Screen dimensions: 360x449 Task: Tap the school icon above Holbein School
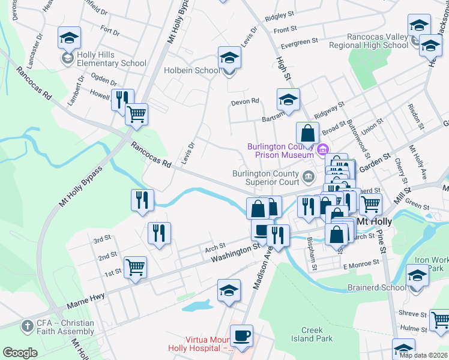click(x=228, y=58)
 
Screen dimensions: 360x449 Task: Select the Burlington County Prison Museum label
click(x=280, y=151)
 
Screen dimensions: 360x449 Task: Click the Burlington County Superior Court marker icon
click(x=309, y=176)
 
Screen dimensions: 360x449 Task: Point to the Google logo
click(x=20, y=352)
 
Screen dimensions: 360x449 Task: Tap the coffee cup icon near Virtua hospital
click(x=241, y=335)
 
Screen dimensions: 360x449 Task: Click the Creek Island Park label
click(x=312, y=335)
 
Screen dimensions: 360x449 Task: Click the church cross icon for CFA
click(x=26, y=326)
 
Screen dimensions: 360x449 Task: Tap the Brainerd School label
click(x=376, y=287)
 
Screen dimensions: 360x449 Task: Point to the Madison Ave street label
click(x=262, y=270)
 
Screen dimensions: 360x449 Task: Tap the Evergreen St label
click(x=299, y=42)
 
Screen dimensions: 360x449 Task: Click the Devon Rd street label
click(x=245, y=102)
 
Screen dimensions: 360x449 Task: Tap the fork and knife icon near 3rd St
click(x=159, y=233)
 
